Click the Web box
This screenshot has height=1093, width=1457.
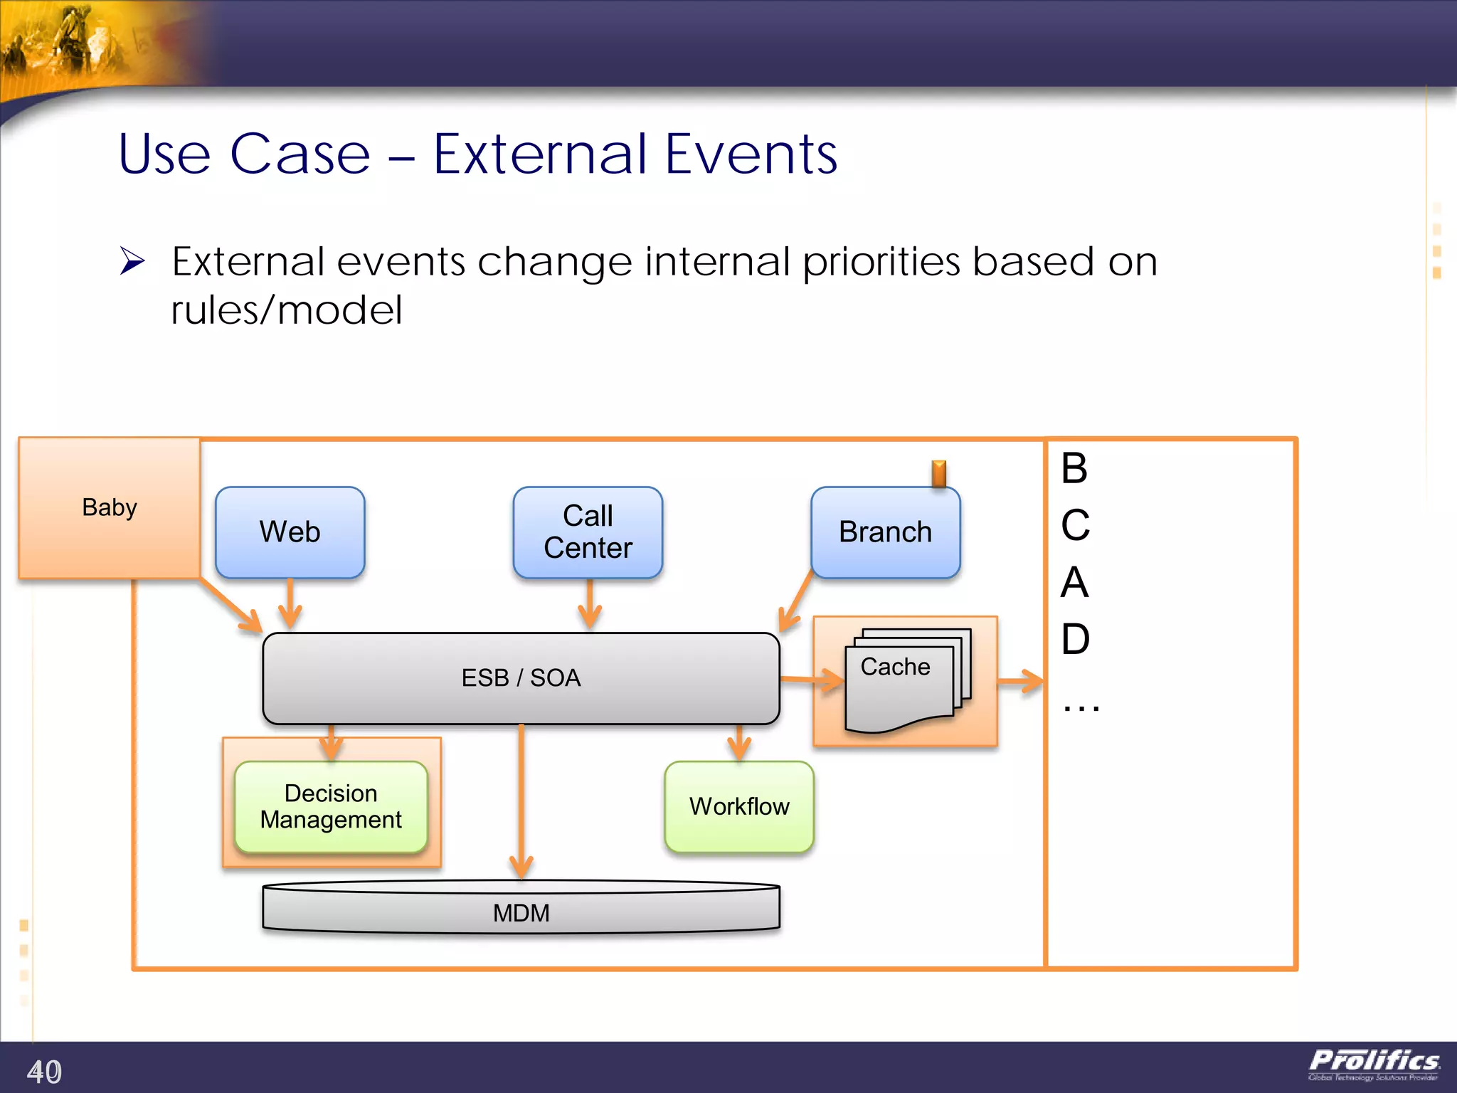[x=290, y=532]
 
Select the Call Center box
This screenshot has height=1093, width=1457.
[x=588, y=532]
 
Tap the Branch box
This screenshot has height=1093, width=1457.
[x=885, y=532]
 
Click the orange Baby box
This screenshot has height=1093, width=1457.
[x=109, y=508]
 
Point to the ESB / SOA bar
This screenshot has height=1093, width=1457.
[x=521, y=678]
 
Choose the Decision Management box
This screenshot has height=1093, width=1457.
[x=331, y=807]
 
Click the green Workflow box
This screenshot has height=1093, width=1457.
[x=739, y=807]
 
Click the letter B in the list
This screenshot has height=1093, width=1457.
[x=1074, y=469]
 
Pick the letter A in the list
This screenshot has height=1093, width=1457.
[x=1074, y=583]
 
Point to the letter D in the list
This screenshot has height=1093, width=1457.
[x=1075, y=639]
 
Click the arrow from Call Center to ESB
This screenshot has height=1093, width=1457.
[x=590, y=605]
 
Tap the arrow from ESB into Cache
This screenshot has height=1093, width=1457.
[x=811, y=680]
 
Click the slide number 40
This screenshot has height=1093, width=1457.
[x=44, y=1071]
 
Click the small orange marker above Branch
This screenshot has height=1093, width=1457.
[x=939, y=473]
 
